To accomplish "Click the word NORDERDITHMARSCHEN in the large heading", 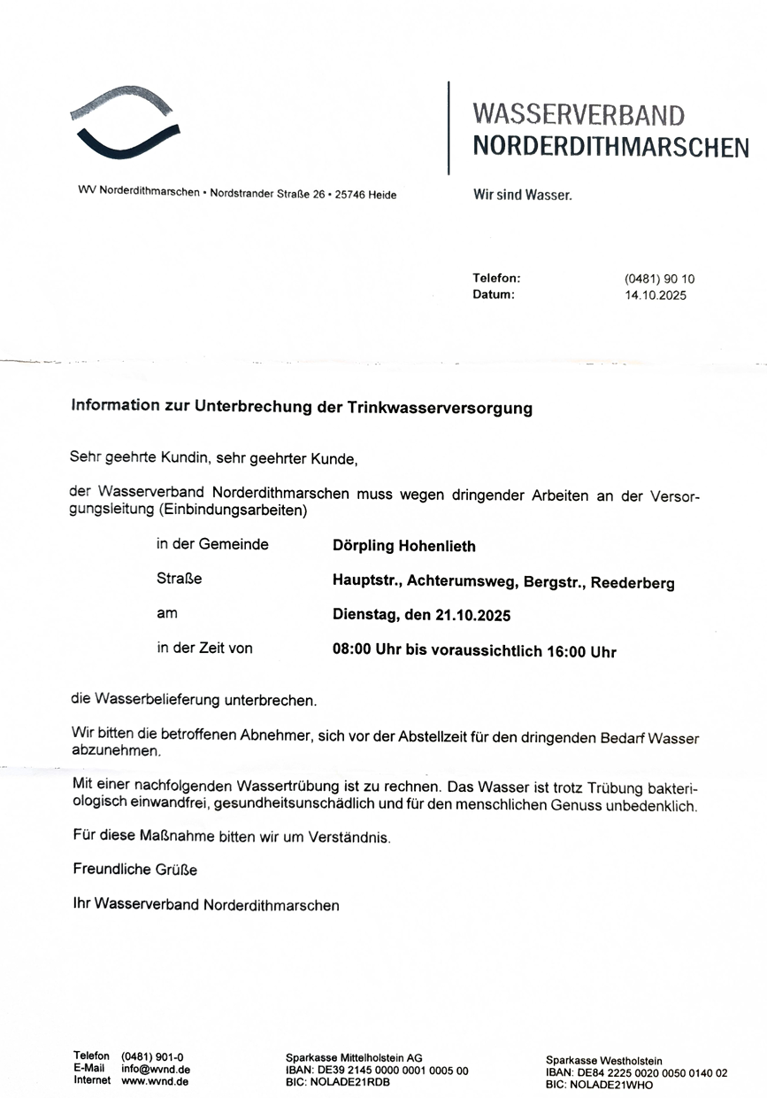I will [610, 147].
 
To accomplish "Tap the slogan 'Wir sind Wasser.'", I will [523, 195].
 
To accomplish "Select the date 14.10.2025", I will [655, 296].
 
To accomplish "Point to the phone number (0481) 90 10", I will [659, 279].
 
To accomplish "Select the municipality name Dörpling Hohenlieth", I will [403, 546].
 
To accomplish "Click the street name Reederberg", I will [633, 583].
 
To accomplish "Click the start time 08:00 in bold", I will [352, 652].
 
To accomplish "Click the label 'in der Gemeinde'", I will [212, 544].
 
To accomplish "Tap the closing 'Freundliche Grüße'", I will [135, 870].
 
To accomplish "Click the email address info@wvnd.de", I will [156, 1069].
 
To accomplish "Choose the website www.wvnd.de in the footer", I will [155, 1080].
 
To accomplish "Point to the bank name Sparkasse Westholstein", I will [603, 1060].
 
